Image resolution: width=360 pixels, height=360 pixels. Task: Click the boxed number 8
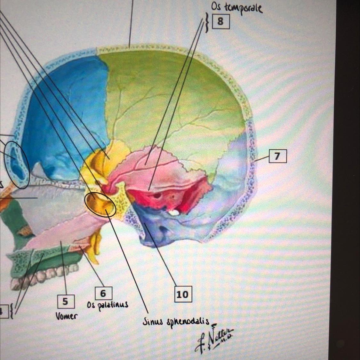pyautogui.click(x=220, y=21)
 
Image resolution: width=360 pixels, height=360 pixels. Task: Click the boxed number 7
pyautogui.click(x=277, y=156)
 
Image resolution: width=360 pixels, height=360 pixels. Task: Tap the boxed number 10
pyautogui.click(x=183, y=294)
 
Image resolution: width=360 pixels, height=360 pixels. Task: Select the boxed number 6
pyautogui.click(x=103, y=293)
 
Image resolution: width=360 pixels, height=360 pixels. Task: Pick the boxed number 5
pyautogui.click(x=65, y=301)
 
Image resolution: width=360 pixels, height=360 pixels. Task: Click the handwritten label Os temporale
pyautogui.click(x=236, y=8)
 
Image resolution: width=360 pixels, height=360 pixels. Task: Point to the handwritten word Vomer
pyautogui.click(x=66, y=316)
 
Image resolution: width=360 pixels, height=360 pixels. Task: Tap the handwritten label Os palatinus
pyautogui.click(x=108, y=305)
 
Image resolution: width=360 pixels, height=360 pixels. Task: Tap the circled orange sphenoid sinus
pyautogui.click(x=100, y=204)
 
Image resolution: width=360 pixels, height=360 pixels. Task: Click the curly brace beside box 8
pyautogui.click(x=208, y=22)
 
